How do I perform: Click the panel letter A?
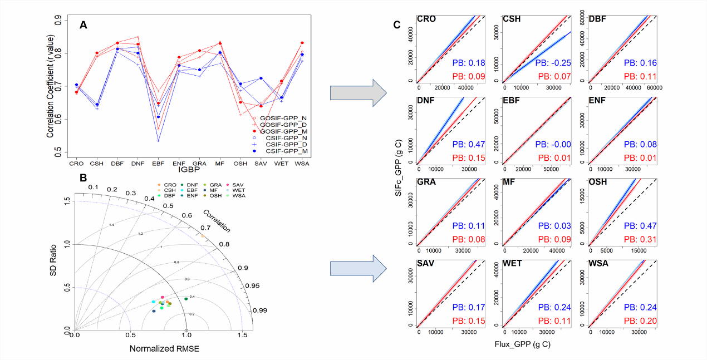[x=84, y=24]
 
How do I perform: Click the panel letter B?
[x=84, y=177]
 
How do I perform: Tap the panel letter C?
[x=396, y=24]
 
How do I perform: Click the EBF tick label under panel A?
[x=159, y=164]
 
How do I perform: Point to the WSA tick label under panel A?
[x=302, y=164]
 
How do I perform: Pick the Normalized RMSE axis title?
[x=164, y=349]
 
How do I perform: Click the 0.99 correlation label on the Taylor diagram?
[x=262, y=310]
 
